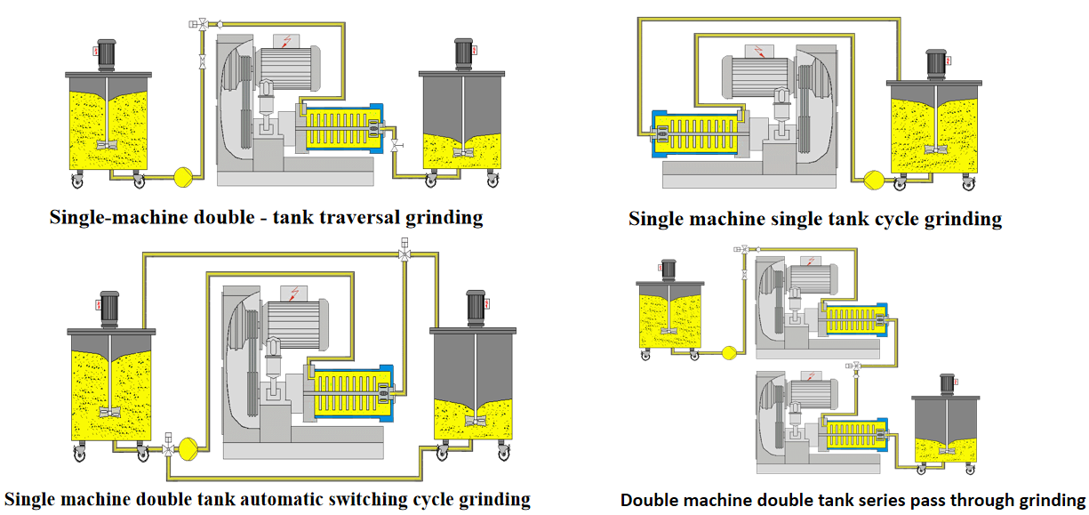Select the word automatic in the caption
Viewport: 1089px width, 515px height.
click(267, 498)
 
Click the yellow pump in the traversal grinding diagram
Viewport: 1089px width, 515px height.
click(185, 176)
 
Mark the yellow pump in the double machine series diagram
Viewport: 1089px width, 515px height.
click(729, 352)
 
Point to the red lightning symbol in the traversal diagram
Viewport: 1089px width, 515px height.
click(284, 41)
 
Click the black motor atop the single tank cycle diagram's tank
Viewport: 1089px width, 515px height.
click(935, 63)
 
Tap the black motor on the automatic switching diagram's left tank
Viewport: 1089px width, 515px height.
click(109, 307)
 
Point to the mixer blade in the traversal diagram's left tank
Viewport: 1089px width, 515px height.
click(107, 144)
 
